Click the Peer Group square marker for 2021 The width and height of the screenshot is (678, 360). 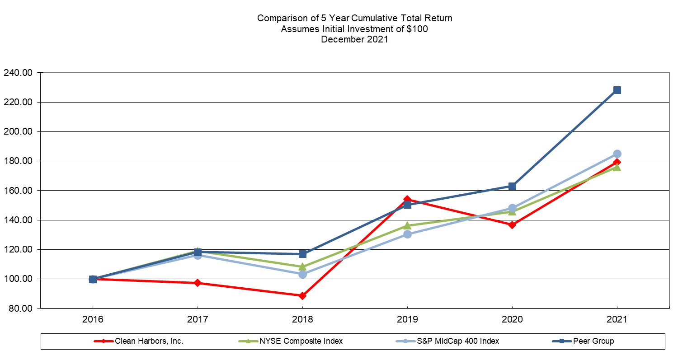pos(617,90)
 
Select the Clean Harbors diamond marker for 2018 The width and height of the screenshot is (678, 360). pos(302,296)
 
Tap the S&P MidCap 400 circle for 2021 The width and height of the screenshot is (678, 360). pos(617,154)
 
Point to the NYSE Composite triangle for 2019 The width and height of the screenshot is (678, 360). pos(407,225)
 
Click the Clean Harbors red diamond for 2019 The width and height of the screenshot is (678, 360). pos(407,199)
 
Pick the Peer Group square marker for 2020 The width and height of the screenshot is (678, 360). pos(512,186)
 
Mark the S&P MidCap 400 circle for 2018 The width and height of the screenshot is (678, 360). pos(302,274)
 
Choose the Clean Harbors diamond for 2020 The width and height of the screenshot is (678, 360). pos(512,224)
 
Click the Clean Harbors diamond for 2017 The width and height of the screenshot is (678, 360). pos(198,283)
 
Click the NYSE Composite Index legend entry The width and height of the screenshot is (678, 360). pos(294,341)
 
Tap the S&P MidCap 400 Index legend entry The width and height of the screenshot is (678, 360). pos(447,341)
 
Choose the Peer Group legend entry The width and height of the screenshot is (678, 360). pos(588,341)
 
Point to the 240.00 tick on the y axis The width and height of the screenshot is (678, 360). pos(18,73)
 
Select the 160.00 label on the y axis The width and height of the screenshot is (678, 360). pos(18,191)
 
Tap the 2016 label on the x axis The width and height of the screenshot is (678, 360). pos(93,319)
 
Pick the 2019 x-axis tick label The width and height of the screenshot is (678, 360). pos(407,319)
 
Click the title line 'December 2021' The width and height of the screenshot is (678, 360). pos(354,39)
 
